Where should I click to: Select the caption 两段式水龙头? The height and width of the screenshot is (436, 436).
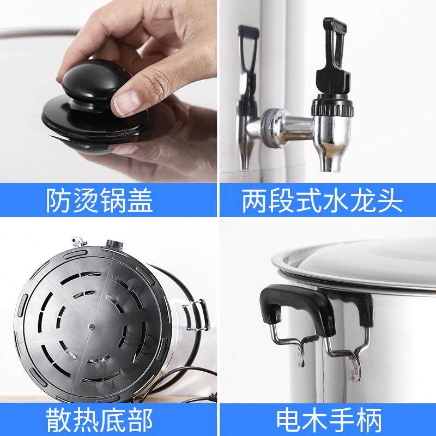(x=322, y=200)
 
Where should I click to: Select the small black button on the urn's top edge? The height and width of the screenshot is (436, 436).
(x=114, y=243)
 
